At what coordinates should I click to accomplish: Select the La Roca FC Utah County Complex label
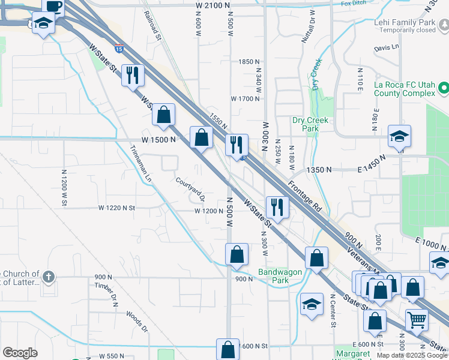403,89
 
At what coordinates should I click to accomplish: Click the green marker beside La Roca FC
444,89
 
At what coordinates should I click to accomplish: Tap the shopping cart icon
417,319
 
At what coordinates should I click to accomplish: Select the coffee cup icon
53,6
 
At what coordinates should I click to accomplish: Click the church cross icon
49,277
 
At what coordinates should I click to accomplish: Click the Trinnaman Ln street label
140,165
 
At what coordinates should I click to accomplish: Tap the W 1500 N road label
158,139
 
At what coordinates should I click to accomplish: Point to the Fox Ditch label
353,4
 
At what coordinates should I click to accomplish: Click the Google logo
20,353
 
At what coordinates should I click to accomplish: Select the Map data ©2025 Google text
411,355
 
